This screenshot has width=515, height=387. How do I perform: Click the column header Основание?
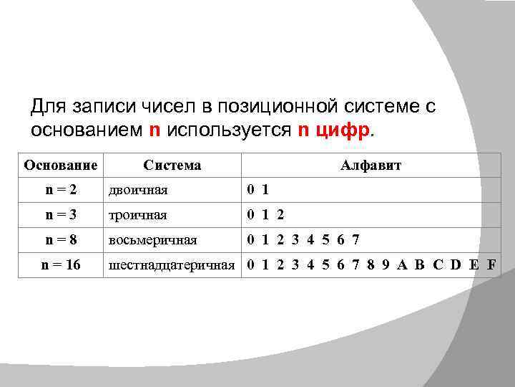click(x=61, y=166)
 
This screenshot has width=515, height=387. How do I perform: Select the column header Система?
click(x=172, y=166)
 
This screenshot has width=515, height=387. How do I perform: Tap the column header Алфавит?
click(x=371, y=166)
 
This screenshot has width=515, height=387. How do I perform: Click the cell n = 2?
click(x=61, y=190)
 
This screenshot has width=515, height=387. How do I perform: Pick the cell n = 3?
click(x=61, y=214)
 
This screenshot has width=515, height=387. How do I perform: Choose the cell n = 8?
click(x=61, y=239)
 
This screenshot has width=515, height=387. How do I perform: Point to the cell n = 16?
click(x=61, y=264)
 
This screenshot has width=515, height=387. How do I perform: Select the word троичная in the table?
click(x=137, y=214)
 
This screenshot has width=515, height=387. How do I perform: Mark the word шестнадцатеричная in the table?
click(x=172, y=264)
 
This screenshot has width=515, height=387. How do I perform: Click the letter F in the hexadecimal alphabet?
click(x=491, y=264)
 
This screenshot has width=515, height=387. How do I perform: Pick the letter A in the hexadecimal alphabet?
click(x=402, y=264)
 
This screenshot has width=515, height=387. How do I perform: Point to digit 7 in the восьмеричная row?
click(x=355, y=239)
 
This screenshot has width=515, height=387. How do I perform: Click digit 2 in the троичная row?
click(x=280, y=214)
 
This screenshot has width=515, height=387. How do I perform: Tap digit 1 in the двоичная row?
click(x=265, y=190)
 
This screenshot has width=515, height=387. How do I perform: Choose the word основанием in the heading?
click(x=87, y=131)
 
